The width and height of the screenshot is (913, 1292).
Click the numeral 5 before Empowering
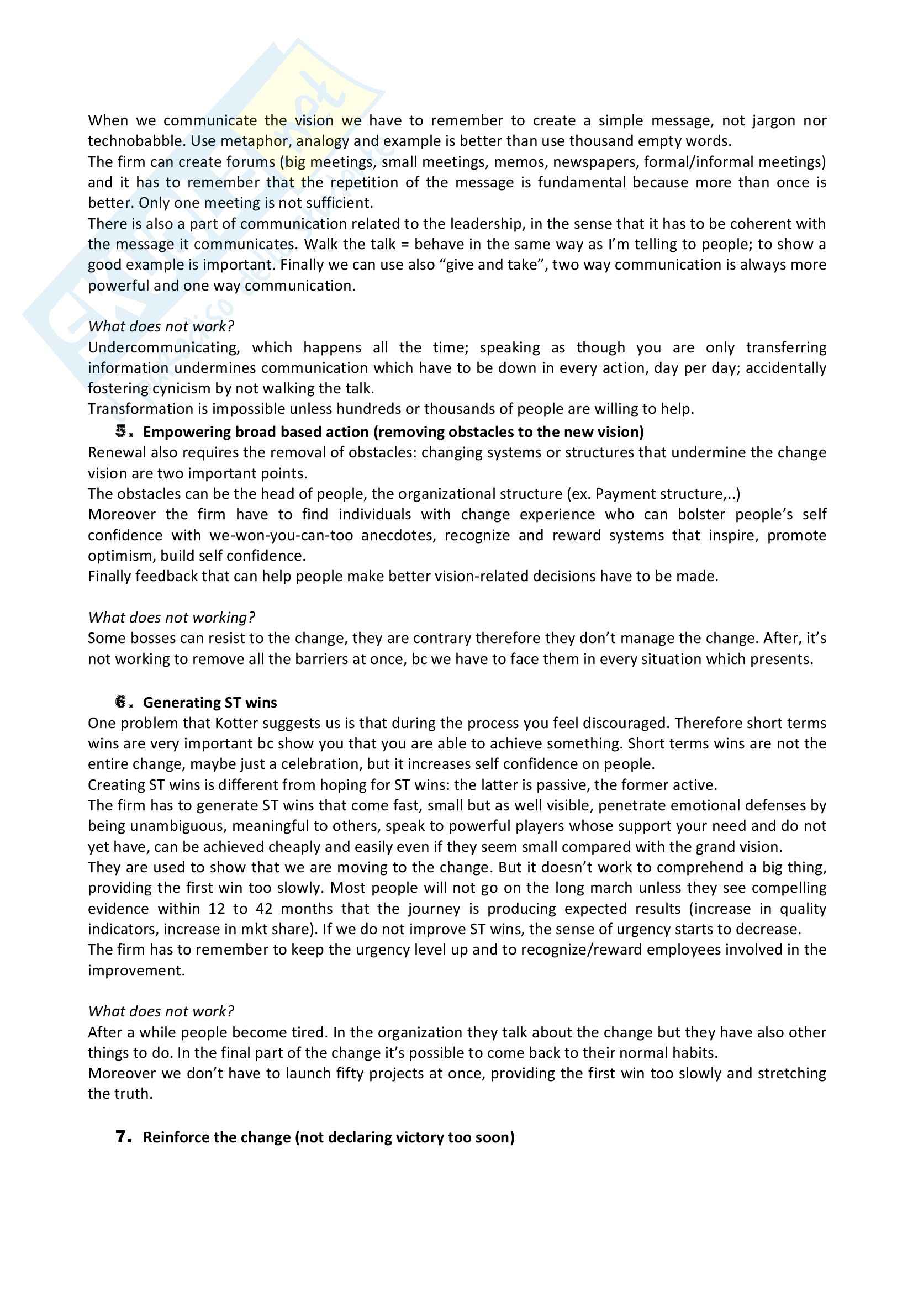[x=122, y=431]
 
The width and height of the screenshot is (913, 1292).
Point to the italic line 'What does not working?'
[x=171, y=618]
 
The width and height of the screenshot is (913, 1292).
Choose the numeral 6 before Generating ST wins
[x=122, y=702]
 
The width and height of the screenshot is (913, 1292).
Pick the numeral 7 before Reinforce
[x=122, y=1137]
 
